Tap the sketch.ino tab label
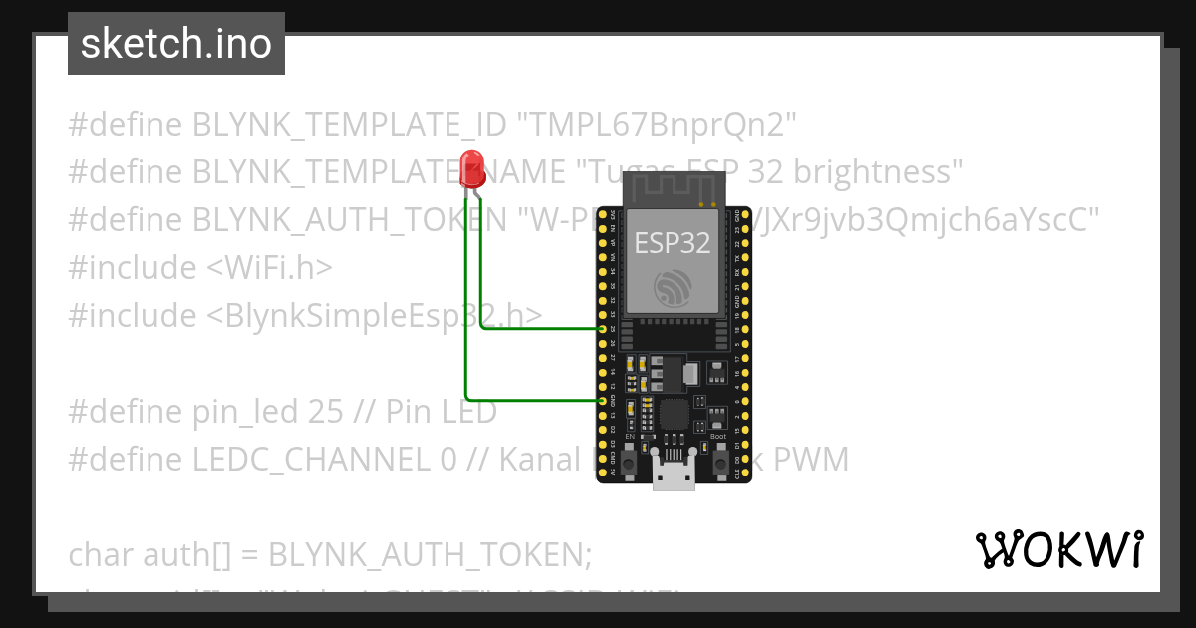click(x=176, y=44)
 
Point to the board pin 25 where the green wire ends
click(x=602, y=328)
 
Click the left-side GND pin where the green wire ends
click(x=602, y=400)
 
